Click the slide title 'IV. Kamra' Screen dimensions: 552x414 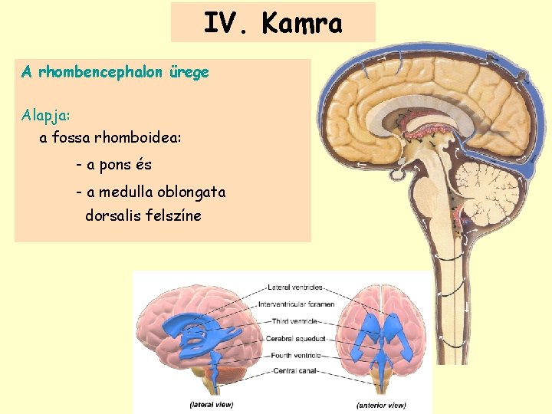[273, 23]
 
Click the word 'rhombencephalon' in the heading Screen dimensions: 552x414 [99, 73]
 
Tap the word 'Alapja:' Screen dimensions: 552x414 [46, 115]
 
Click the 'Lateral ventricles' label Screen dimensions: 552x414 [295, 287]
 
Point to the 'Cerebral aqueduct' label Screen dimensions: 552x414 [296, 338]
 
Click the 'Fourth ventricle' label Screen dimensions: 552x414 [293, 355]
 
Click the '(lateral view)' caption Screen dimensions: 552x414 [212, 404]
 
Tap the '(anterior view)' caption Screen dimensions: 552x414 [381, 404]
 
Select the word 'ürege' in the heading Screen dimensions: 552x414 [189, 73]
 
